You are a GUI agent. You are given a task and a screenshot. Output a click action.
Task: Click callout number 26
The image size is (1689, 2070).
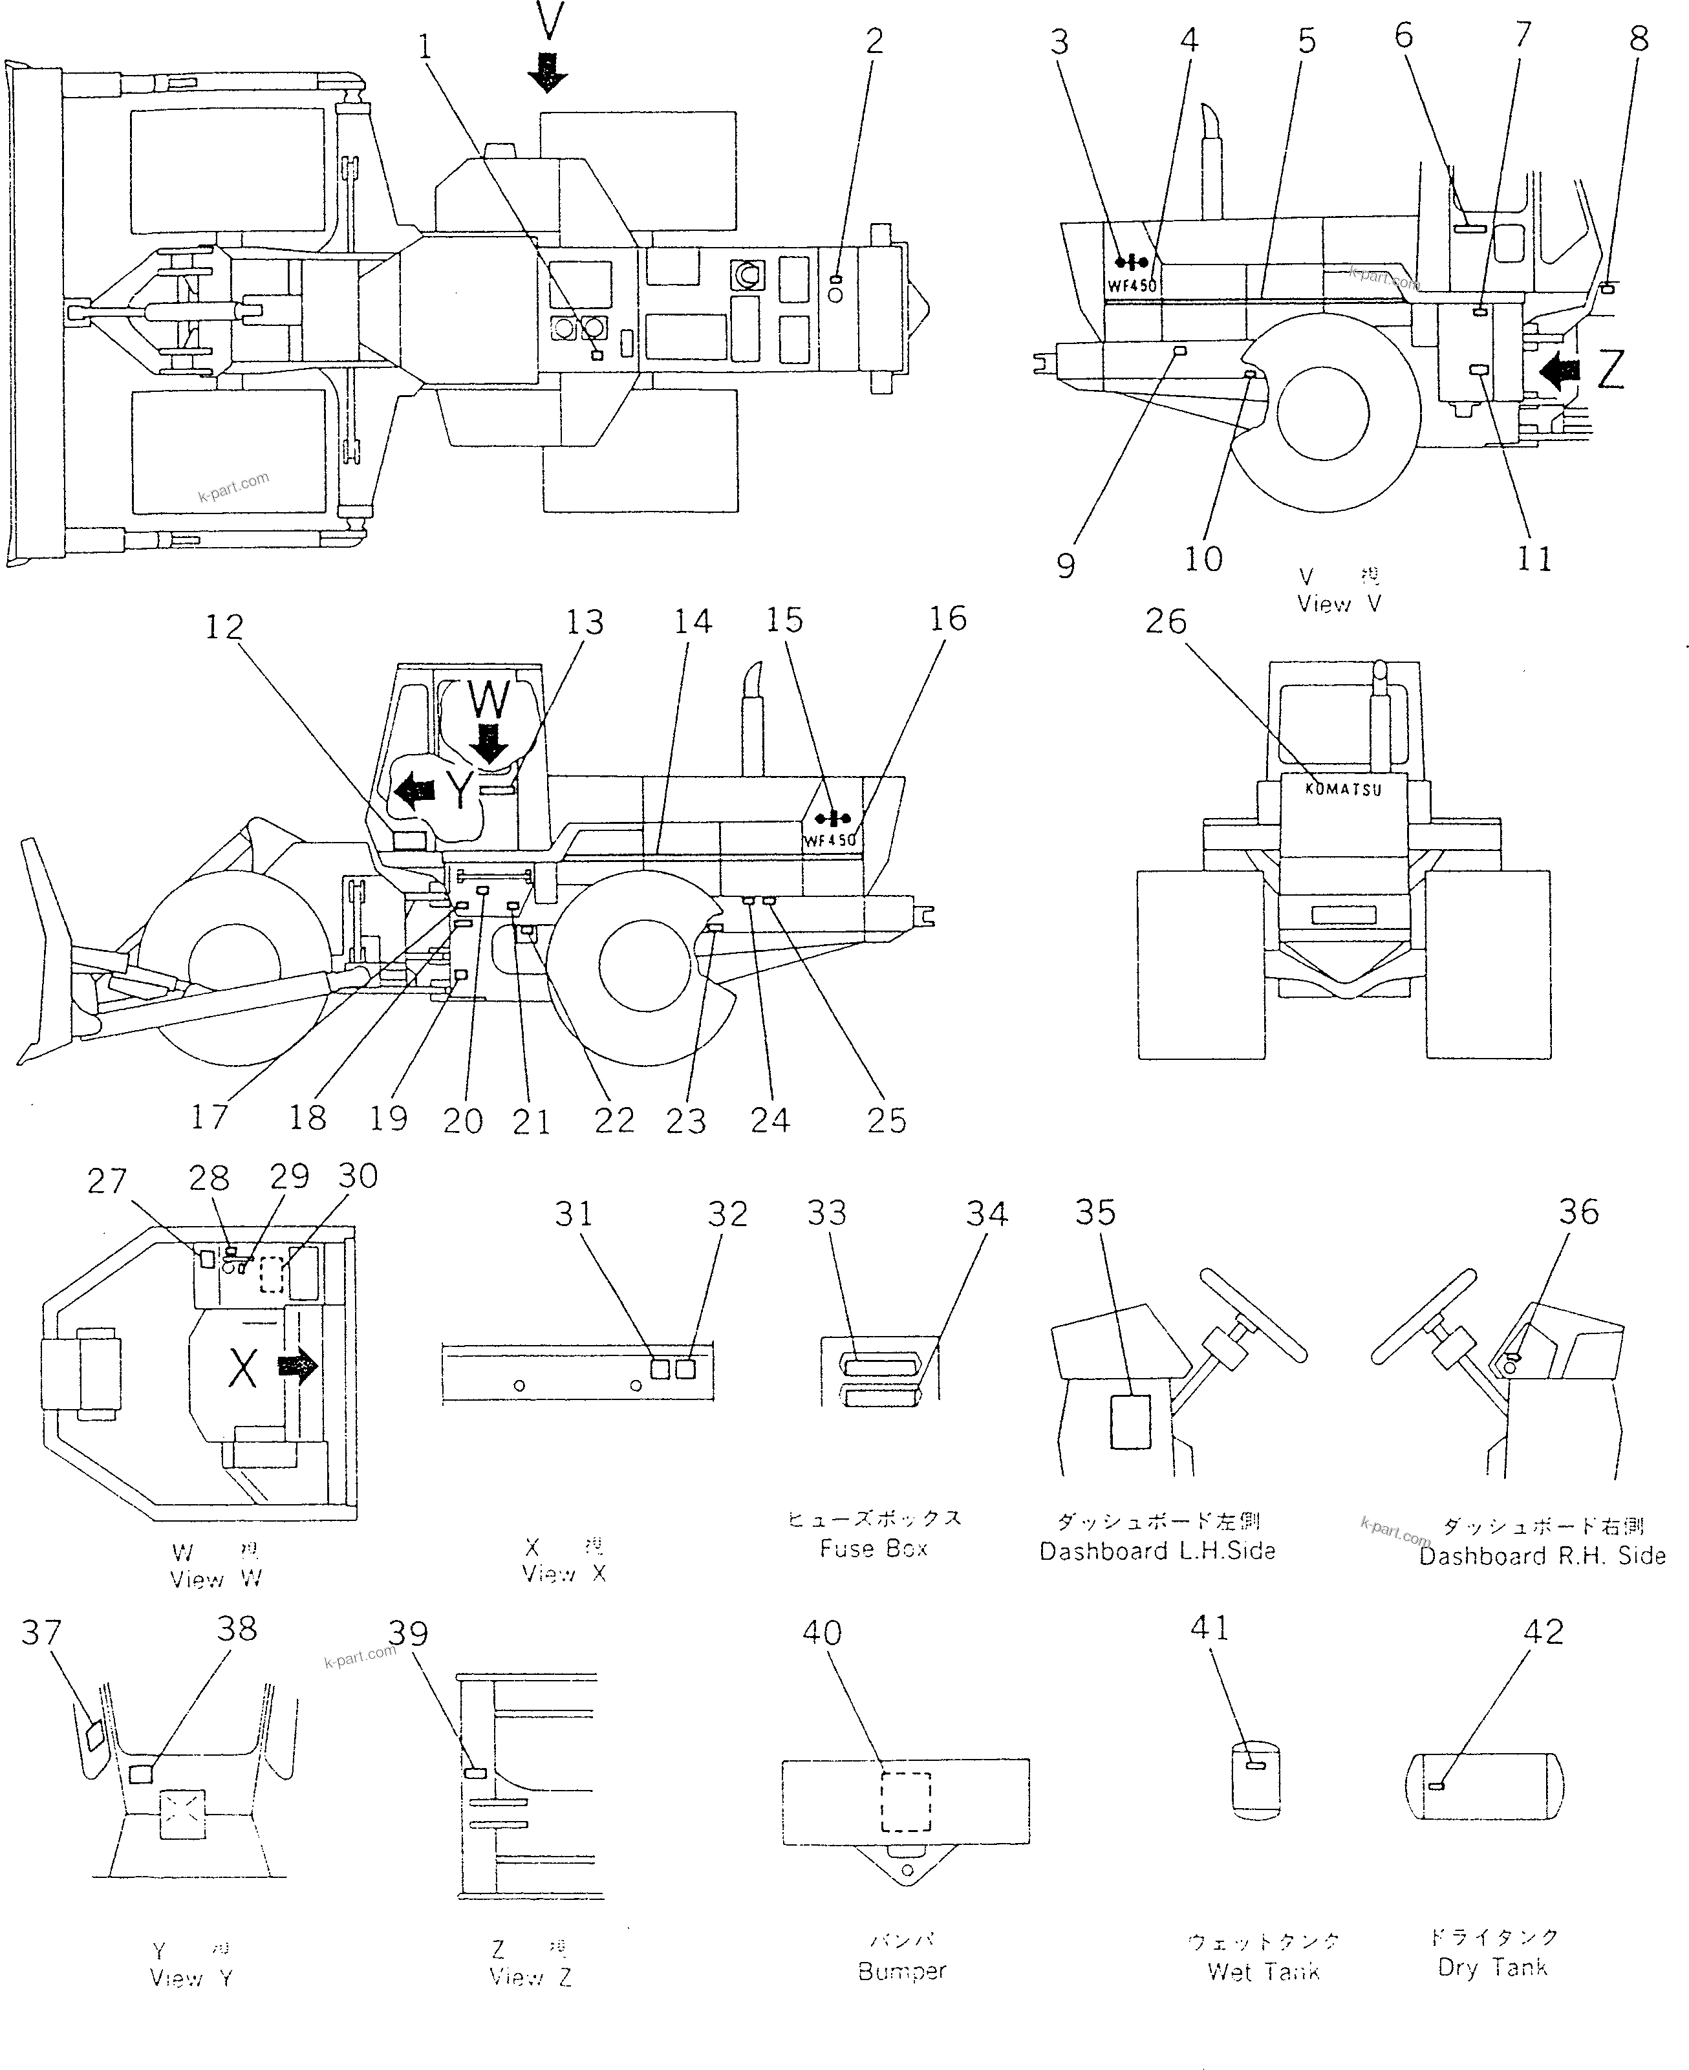click(1166, 621)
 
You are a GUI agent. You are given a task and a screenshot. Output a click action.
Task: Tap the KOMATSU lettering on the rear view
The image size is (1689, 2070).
click(1342, 790)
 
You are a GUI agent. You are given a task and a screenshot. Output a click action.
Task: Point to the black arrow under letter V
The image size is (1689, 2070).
click(548, 72)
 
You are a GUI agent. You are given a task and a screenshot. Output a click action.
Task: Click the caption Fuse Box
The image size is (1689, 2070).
click(873, 1549)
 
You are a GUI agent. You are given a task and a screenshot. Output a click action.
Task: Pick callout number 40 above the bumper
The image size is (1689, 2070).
click(821, 1632)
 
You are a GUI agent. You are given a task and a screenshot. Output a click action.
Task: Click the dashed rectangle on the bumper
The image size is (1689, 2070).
click(906, 1802)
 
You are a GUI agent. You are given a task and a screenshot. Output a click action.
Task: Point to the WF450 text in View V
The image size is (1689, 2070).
click(1132, 286)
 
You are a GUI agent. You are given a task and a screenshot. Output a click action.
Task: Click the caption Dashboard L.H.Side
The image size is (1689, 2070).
click(1157, 1551)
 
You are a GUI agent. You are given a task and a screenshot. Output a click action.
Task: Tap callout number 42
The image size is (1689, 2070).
click(1543, 1632)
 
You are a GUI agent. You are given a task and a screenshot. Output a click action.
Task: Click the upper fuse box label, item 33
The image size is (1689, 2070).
click(881, 1366)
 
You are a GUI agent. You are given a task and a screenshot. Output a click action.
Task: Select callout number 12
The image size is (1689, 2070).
click(224, 627)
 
